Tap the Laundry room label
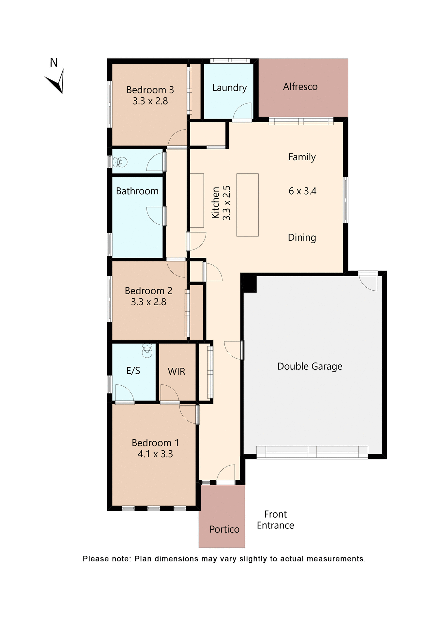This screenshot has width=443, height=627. [x=229, y=88]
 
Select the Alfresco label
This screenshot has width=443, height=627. [x=300, y=87]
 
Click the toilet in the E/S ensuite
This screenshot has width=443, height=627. [x=147, y=350]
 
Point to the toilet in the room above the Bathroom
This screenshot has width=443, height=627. [x=120, y=162]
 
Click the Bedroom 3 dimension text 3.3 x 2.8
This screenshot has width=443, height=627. [x=150, y=101]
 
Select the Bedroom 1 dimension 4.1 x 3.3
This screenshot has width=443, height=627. [x=155, y=454]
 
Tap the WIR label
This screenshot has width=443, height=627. [x=176, y=372]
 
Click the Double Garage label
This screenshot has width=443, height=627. [x=310, y=366]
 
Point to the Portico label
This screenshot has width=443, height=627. [x=224, y=529]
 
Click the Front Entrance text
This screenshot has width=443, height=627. [x=275, y=520]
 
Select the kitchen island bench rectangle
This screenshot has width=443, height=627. [x=247, y=205]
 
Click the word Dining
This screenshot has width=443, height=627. [x=302, y=237]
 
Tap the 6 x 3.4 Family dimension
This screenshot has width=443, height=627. [x=302, y=191]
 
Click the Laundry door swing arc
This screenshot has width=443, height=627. [x=242, y=111]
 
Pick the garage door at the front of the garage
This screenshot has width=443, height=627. [x=312, y=452]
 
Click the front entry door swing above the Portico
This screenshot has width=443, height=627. [x=226, y=473]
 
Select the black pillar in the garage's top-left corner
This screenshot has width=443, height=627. [x=249, y=283]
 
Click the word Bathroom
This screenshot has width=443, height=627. [x=137, y=191]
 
